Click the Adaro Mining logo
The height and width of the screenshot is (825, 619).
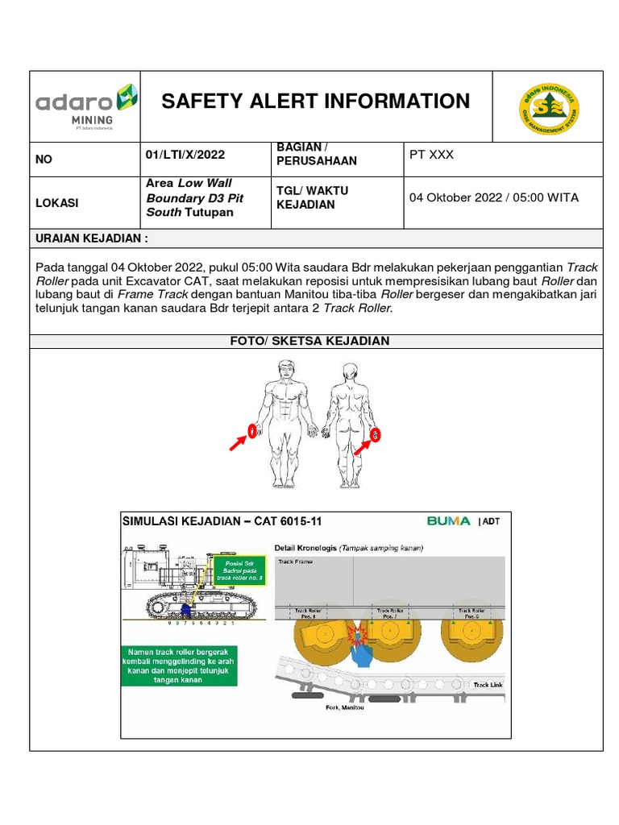(x=83, y=105)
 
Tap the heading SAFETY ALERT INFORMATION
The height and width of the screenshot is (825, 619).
(x=315, y=102)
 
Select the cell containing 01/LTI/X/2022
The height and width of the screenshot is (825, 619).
(x=185, y=155)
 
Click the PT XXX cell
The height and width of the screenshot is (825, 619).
(x=431, y=155)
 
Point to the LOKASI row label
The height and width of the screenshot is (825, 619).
(x=56, y=203)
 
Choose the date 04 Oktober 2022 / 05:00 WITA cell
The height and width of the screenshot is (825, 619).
(x=493, y=197)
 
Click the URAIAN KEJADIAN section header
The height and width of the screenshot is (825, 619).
(x=92, y=239)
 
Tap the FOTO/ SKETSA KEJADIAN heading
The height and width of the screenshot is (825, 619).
(x=310, y=341)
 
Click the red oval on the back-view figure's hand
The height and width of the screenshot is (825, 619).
(x=376, y=435)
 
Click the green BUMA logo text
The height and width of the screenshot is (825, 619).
(x=448, y=520)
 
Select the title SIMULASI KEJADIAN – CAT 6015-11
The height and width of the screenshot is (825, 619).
(x=222, y=521)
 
